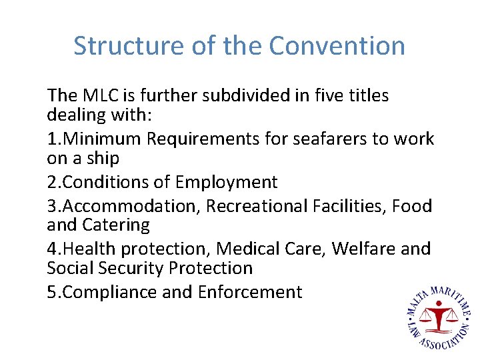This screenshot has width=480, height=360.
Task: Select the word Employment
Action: pos(226,182)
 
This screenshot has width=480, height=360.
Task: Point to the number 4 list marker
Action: pos(52,249)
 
